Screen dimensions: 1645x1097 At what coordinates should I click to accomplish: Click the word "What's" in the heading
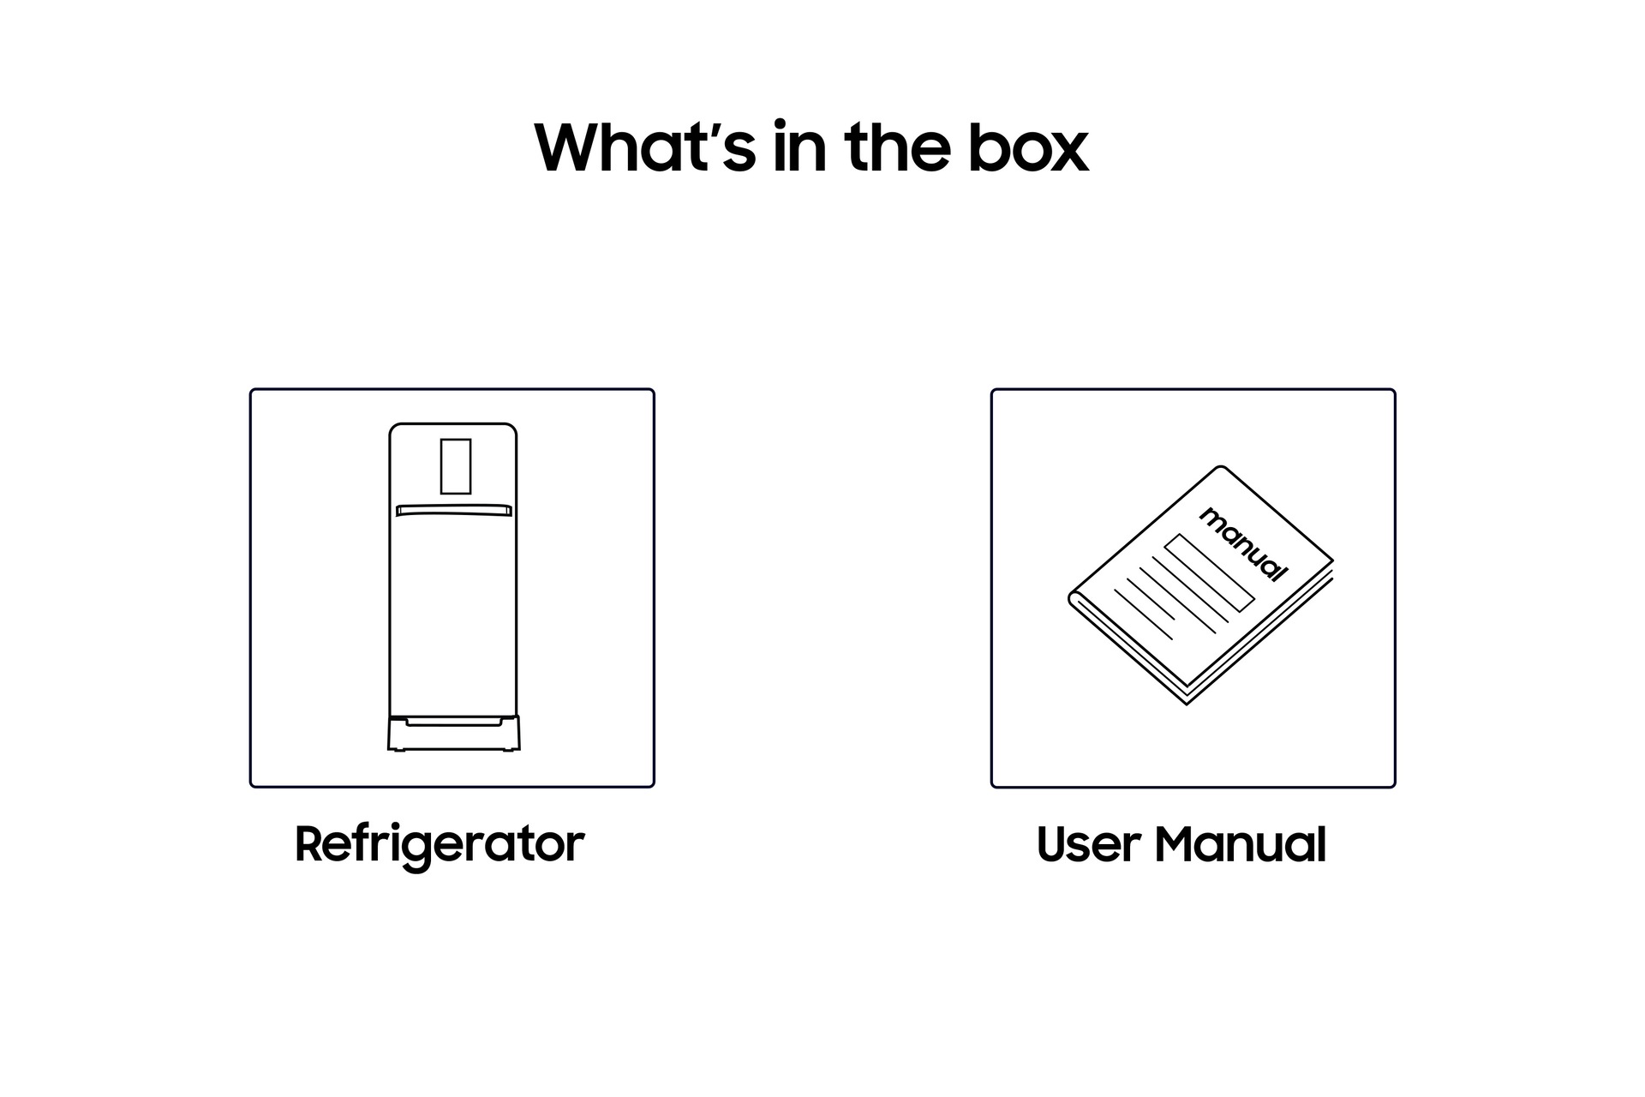click(645, 147)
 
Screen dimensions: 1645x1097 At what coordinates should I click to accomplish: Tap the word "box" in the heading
click(1028, 147)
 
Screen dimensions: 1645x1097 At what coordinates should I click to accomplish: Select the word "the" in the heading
click(897, 147)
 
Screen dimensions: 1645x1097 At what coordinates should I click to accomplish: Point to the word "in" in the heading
click(800, 147)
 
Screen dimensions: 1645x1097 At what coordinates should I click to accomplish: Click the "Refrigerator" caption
click(440, 845)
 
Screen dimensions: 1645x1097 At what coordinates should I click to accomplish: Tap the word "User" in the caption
click(1087, 844)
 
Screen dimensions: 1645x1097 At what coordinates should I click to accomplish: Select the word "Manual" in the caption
click(1241, 844)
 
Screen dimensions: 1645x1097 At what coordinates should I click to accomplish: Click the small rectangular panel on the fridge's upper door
click(456, 466)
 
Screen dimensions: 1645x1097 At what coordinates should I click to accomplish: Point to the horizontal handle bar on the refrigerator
click(453, 511)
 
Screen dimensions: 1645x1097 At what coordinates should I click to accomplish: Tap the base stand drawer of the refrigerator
click(453, 734)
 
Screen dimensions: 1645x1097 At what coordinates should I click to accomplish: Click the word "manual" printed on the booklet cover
click(1243, 543)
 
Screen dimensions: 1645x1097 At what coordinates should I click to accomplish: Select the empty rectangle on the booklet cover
click(1209, 572)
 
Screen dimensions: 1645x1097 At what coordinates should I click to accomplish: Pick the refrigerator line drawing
click(453, 587)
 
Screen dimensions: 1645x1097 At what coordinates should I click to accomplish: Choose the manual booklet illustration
click(1201, 585)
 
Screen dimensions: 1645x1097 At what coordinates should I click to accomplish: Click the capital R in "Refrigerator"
click(309, 843)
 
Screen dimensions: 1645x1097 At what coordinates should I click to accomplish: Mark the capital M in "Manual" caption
click(1175, 844)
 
